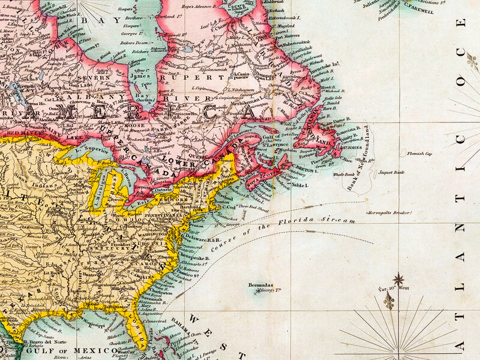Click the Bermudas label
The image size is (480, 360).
pos(262,285)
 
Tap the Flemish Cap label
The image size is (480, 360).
pos(419,154)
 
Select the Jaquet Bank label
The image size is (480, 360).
pos(391,172)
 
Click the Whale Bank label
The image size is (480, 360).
pos(344,174)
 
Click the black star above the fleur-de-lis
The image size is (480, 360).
pos(398,279)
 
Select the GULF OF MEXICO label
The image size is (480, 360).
pos(77,350)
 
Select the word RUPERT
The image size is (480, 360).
pos(194,77)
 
